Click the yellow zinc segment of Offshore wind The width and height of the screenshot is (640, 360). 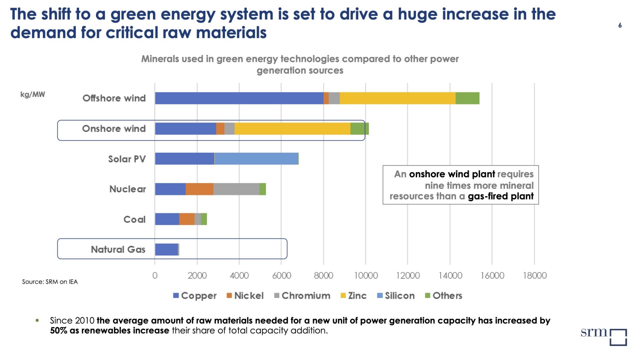pyautogui.click(x=397, y=98)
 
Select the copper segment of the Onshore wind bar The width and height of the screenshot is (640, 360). pyautogui.click(x=185, y=129)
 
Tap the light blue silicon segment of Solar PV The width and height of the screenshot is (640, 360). pyautogui.click(x=256, y=159)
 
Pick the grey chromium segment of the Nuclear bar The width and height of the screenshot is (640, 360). pyautogui.click(x=236, y=189)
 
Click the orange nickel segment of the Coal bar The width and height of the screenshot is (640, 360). pyautogui.click(x=187, y=219)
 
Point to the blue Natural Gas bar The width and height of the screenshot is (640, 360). pyautogui.click(x=166, y=249)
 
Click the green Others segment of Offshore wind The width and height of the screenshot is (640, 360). pyautogui.click(x=467, y=98)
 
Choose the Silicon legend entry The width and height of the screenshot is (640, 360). pyautogui.click(x=396, y=296)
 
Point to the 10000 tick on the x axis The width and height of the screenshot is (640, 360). pyautogui.click(x=366, y=276)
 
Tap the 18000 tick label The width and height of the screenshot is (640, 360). pyautogui.click(x=535, y=276)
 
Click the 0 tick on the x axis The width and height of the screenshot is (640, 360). pyautogui.click(x=155, y=276)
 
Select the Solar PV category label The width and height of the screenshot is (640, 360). pyautogui.click(x=127, y=159)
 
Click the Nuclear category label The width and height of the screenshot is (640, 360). pyautogui.click(x=128, y=189)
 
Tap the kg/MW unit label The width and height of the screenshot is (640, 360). pyautogui.click(x=33, y=94)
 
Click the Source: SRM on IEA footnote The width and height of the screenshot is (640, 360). pyautogui.click(x=50, y=282)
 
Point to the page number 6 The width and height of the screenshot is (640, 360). pyautogui.click(x=620, y=25)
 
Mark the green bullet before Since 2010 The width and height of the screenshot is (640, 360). pyautogui.click(x=37, y=321)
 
